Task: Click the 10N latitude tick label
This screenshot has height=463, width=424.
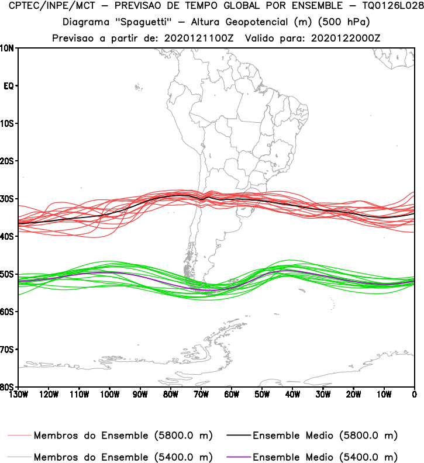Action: tap(8, 48)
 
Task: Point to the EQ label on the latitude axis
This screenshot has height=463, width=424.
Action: tap(9, 86)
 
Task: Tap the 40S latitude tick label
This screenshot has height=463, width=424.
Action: tap(8, 236)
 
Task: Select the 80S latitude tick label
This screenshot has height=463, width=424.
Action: tap(8, 387)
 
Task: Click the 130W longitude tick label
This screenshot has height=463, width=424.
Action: tap(18, 394)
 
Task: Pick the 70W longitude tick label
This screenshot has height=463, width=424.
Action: tap(201, 394)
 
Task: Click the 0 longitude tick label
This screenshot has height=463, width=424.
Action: tap(414, 394)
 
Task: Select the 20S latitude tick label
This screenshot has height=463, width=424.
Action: tap(8, 161)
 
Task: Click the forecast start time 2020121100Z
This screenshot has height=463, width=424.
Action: tap(195, 38)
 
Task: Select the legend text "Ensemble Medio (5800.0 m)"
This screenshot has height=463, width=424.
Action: tap(325, 436)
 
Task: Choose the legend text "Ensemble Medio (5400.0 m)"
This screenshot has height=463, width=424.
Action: tap(325, 457)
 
